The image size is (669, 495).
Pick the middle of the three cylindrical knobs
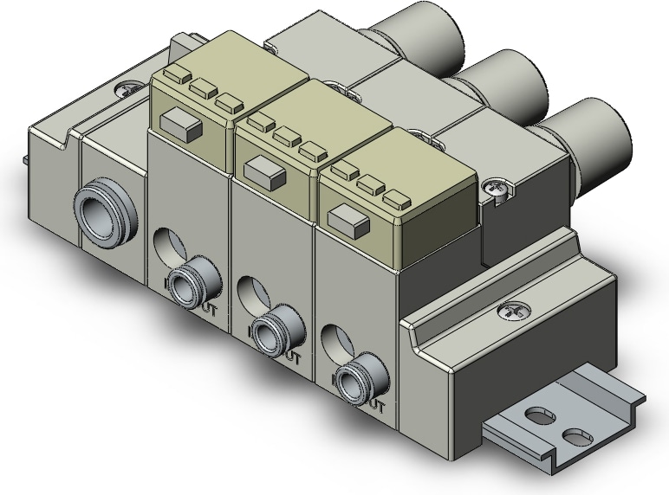[x=508, y=80]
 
